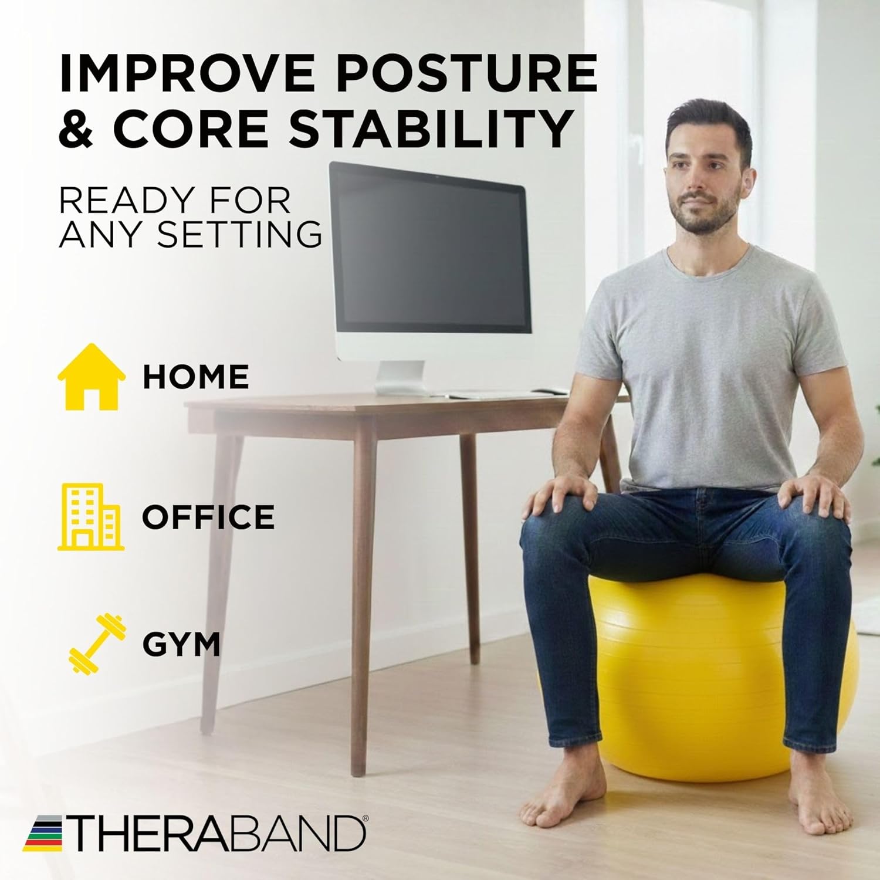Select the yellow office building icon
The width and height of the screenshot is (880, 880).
pos(91,516)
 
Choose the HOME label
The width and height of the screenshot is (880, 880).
pos(195,377)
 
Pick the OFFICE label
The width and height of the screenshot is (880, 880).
pos(208,517)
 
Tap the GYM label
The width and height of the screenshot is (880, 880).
pos(181,645)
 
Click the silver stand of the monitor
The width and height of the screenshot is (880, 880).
pos(401,377)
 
